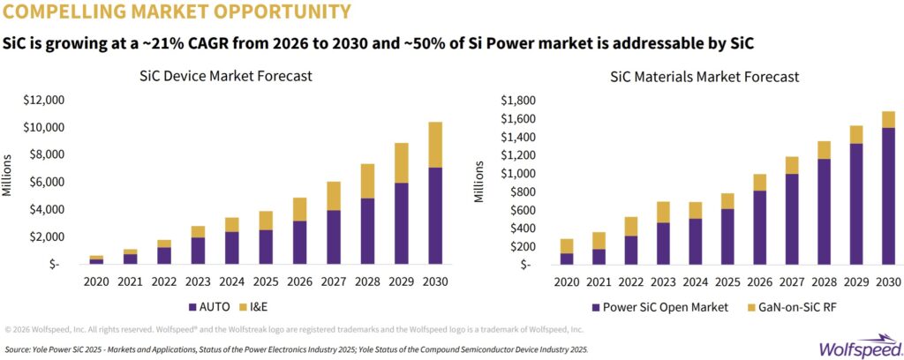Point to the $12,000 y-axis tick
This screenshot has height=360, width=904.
43,101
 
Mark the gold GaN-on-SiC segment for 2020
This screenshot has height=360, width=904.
568,246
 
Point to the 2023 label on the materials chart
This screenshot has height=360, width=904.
662,282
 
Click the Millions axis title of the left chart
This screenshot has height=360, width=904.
8,175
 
